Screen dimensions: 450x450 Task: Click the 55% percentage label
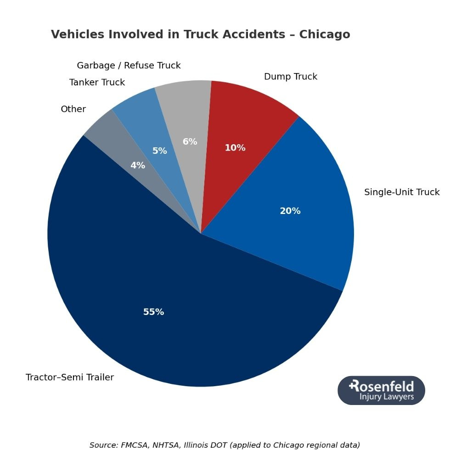click(x=153, y=312)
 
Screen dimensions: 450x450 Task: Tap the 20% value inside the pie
click(x=290, y=211)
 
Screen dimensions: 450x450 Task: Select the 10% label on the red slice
click(x=235, y=148)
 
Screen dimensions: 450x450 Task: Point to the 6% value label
click(x=190, y=142)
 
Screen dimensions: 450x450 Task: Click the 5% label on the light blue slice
click(x=159, y=151)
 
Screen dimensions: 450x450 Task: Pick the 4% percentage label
click(x=138, y=166)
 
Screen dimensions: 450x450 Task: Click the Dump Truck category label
click(x=290, y=77)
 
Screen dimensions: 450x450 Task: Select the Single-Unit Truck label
click(x=401, y=192)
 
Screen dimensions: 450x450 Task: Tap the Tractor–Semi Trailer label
click(x=70, y=377)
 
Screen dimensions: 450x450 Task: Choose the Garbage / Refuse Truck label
click(x=129, y=66)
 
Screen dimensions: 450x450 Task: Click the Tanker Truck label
click(x=97, y=83)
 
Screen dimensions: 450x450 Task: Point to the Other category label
click(x=73, y=109)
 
